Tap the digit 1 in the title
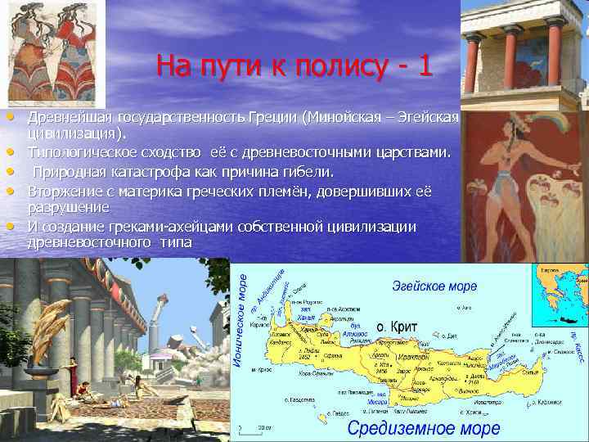pyautogui.click(x=423, y=65)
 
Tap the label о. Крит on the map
pyautogui.click(x=396, y=327)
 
